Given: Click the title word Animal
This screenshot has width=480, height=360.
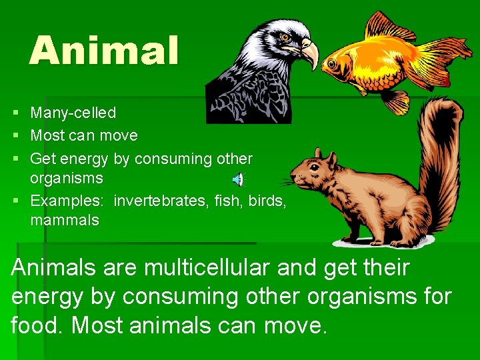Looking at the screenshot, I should (104, 51).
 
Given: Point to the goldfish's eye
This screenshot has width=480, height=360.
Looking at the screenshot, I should (330, 64).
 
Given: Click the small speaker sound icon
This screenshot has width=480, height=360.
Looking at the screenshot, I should (239, 179).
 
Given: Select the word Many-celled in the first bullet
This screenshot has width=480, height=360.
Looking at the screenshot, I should (73, 113).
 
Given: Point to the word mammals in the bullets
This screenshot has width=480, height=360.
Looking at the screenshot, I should (65, 220).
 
